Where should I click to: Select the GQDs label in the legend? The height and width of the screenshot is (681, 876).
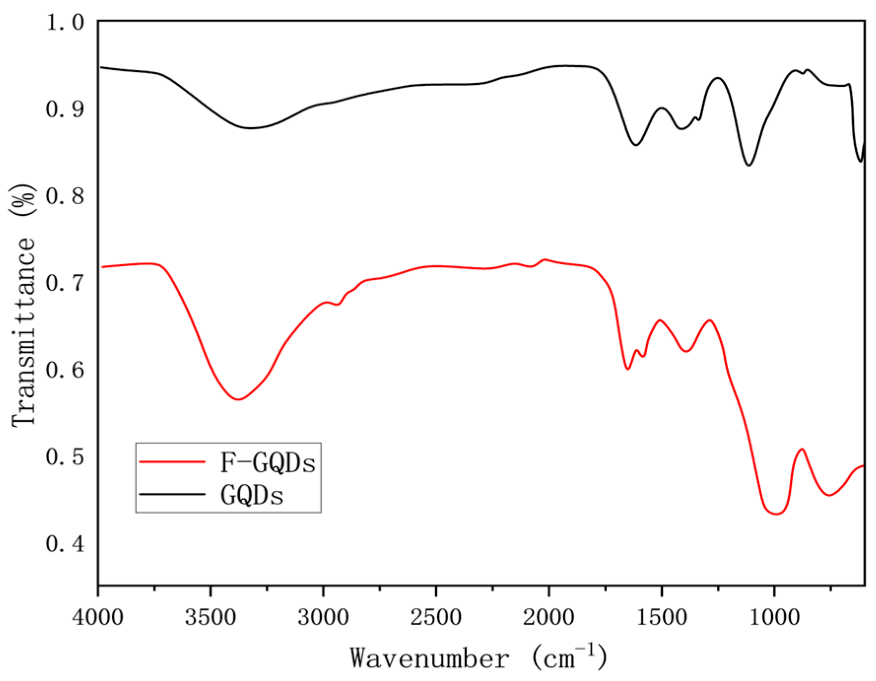pyautogui.click(x=252, y=496)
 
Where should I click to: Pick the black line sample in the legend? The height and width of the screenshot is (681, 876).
pyautogui.click(x=172, y=494)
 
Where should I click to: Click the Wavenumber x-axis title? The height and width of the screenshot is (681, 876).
pyautogui.click(x=478, y=658)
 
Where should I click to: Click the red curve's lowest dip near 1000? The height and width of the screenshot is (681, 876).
pyautogui.click(x=776, y=514)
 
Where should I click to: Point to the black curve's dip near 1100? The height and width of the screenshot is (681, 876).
pyautogui.click(x=748, y=165)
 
